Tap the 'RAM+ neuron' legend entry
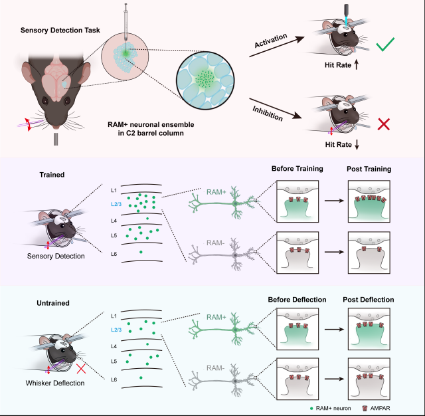[x=332, y=406]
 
